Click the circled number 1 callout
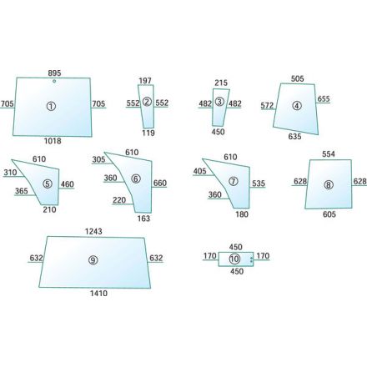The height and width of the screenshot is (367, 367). (x=51, y=106)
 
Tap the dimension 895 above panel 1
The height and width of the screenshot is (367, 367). (x=54, y=73)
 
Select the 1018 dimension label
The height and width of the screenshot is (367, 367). (x=53, y=141)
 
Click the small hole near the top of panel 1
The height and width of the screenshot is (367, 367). (x=54, y=81)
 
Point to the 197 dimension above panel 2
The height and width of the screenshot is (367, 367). (x=145, y=81)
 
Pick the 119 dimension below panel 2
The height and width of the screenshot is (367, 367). (x=148, y=133)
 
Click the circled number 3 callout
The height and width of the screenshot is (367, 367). (x=219, y=102)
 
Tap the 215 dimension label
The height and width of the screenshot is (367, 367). (x=221, y=83)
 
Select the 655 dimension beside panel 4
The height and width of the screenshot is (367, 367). (x=324, y=98)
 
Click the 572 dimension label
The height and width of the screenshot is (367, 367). (x=267, y=105)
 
